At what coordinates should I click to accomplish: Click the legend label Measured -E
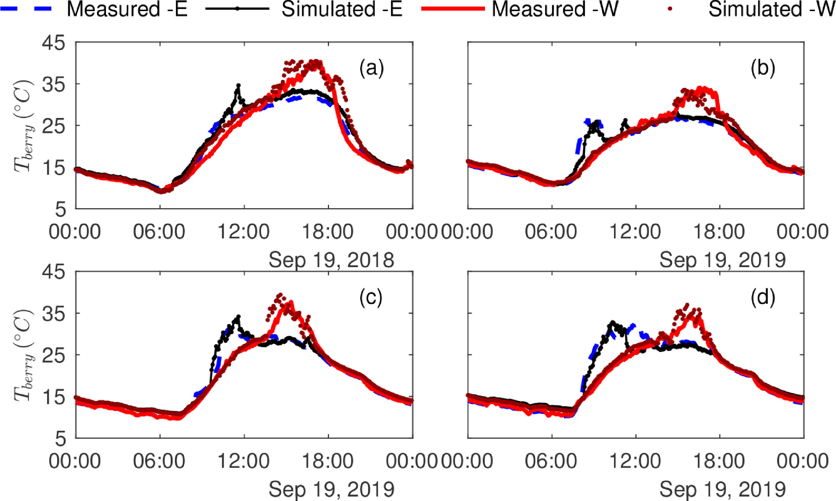coord(127,9)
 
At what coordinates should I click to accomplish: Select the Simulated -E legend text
coord(342,9)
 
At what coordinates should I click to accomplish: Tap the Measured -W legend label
coord(555,9)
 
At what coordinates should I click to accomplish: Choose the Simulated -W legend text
coord(771,9)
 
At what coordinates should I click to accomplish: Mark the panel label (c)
coord(371,298)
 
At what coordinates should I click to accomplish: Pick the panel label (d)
coord(762,298)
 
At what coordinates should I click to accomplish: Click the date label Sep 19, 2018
coord(331,260)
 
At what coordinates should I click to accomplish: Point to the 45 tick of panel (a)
coord(54,43)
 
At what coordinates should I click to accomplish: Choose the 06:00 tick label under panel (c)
coord(159,462)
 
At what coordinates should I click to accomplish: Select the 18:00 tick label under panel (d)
coord(719,462)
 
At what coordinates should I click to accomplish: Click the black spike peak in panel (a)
coord(238,85)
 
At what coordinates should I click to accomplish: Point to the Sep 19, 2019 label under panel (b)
coord(722,260)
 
